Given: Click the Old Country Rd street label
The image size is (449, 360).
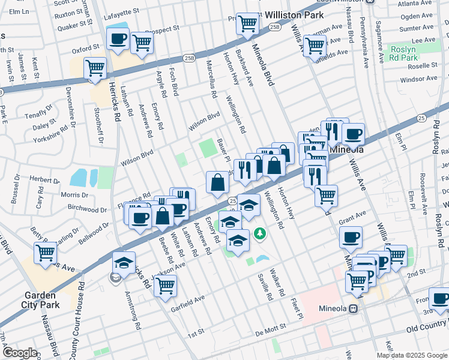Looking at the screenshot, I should [x=427, y=329].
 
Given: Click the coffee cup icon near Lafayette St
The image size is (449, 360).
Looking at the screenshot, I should [x=117, y=39].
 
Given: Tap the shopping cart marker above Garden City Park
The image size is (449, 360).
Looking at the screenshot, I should [x=46, y=253].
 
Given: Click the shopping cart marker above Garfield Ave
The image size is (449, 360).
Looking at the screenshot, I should [x=165, y=285].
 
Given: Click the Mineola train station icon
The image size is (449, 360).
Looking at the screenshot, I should [x=354, y=308].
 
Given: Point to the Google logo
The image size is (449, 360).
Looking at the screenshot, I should [x=19, y=352].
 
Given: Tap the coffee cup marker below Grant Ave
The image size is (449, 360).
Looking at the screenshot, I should [x=351, y=236].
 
